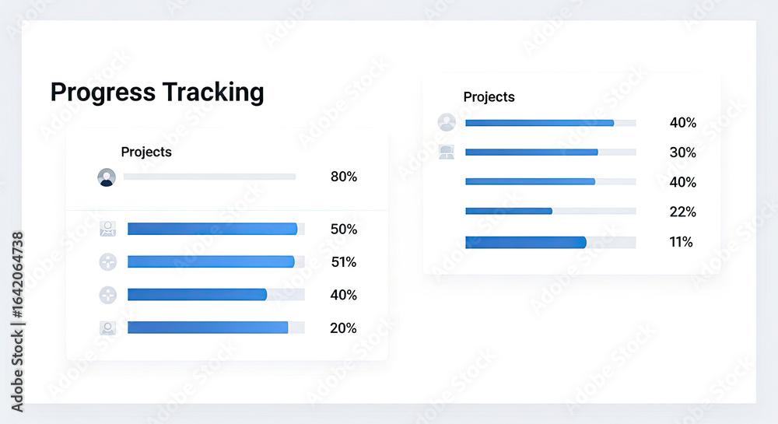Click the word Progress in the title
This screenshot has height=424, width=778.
103,93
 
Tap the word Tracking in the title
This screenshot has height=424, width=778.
213,93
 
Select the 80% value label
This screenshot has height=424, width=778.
344,177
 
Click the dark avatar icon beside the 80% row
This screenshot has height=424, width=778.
107,177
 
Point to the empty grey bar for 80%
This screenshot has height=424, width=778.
209,177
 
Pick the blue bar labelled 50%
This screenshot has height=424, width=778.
212,229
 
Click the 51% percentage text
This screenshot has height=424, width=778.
344,262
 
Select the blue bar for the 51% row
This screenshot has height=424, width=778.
211,261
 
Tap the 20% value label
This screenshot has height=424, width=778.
343,328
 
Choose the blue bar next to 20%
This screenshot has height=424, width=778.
208,328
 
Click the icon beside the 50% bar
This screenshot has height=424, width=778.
107,229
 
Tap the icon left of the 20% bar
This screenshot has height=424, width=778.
107,328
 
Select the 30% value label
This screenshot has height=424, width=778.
683,152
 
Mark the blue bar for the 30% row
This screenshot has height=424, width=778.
531,152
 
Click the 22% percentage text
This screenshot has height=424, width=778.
683,212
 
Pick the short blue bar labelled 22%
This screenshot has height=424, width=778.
509,212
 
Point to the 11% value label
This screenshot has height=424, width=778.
681,242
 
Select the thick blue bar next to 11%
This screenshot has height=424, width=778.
526,242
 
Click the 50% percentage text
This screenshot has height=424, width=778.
344,229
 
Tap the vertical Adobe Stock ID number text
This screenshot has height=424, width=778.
17,275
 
